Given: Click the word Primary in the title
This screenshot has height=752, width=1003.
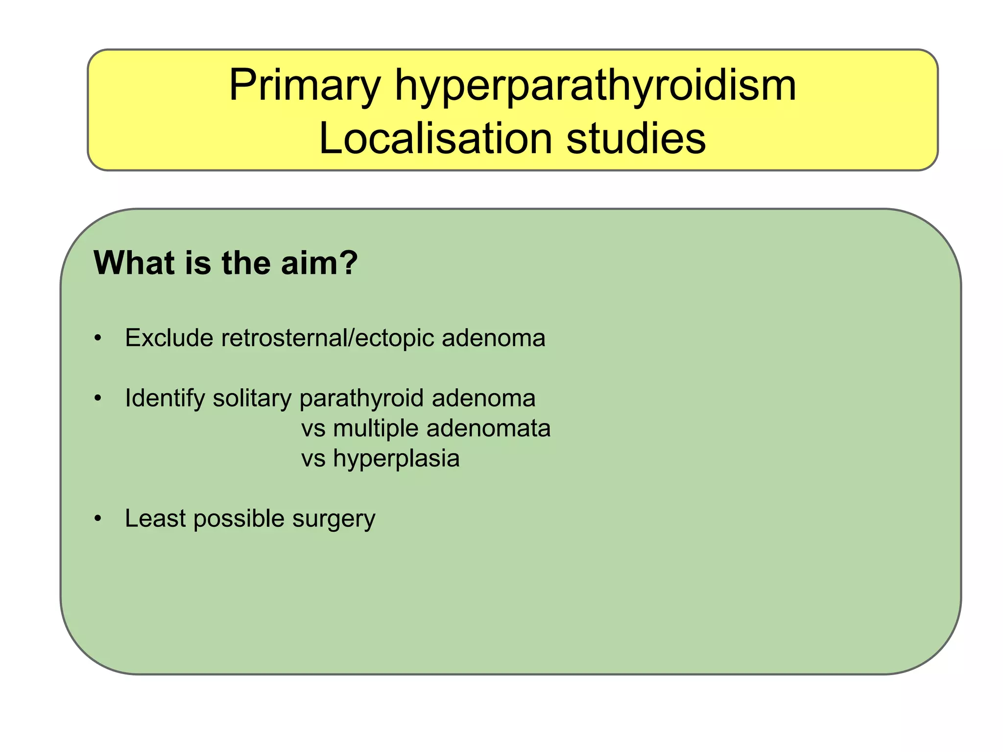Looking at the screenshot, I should pyautogui.click(x=304, y=86).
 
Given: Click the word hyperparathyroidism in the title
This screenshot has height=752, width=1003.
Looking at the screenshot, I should pyautogui.click(x=595, y=86).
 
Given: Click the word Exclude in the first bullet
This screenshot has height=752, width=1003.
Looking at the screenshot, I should pyautogui.click(x=169, y=338).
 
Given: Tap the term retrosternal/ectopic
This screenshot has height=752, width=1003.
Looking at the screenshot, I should pyautogui.click(x=328, y=338).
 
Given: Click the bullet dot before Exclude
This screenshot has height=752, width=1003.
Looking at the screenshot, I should pyautogui.click(x=98, y=338).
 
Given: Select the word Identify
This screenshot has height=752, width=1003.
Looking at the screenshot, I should pyautogui.click(x=165, y=398).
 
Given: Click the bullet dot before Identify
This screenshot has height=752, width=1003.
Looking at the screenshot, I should pyautogui.click(x=98, y=399).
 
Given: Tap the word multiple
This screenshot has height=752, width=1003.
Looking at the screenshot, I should pyautogui.click(x=376, y=428).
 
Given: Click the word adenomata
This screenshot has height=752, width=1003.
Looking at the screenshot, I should pyautogui.click(x=488, y=428).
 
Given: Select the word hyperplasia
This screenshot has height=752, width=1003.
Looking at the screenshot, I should pyautogui.click(x=396, y=459).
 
